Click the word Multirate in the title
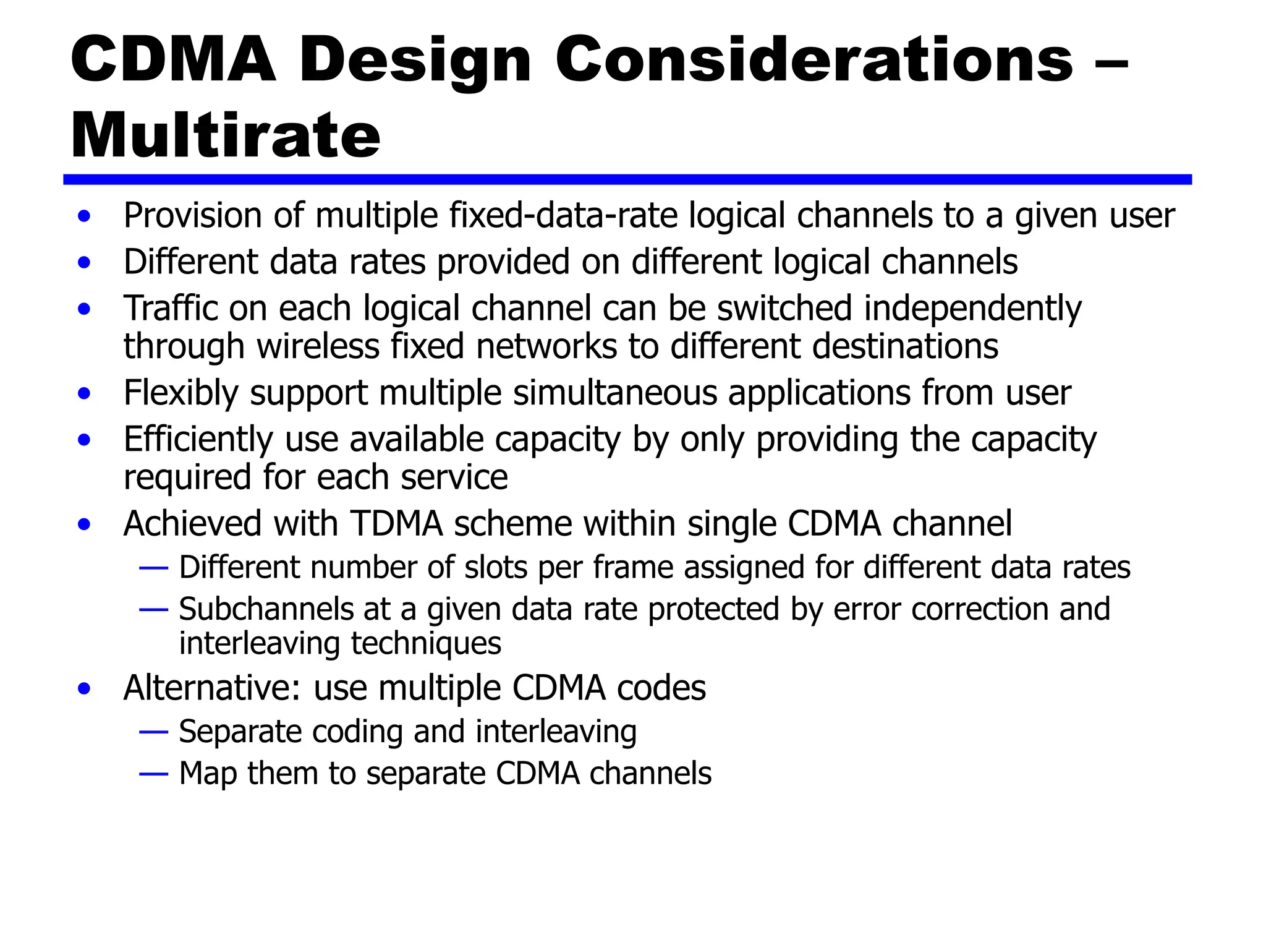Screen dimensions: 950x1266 pyautogui.click(x=226, y=135)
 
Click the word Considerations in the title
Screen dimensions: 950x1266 pyautogui.click(x=814, y=59)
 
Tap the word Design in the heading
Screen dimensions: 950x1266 pyautogui.click(x=415, y=61)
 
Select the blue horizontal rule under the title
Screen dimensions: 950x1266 pyautogui.click(x=627, y=179)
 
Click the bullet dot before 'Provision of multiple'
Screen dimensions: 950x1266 pyautogui.click(x=85, y=216)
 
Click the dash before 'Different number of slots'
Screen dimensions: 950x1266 pyautogui.click(x=153, y=568)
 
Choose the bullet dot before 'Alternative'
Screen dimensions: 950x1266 pyautogui.click(x=85, y=688)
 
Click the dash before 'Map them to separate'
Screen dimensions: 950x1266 pyautogui.click(x=153, y=774)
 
